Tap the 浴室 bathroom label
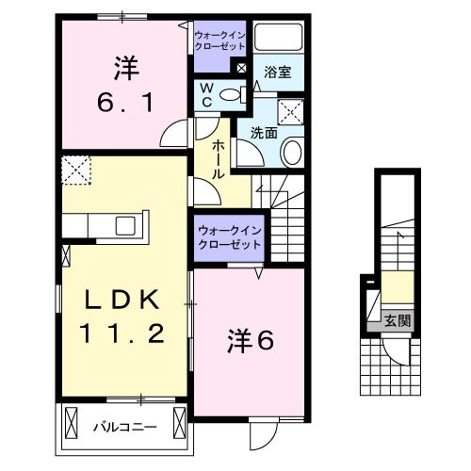(x=277, y=72)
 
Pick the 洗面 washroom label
(x=264, y=134)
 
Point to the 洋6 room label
(x=250, y=341)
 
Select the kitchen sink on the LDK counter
(x=124, y=226)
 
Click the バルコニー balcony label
(x=124, y=427)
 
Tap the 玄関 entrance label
(x=398, y=320)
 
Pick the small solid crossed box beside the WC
(x=241, y=68)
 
